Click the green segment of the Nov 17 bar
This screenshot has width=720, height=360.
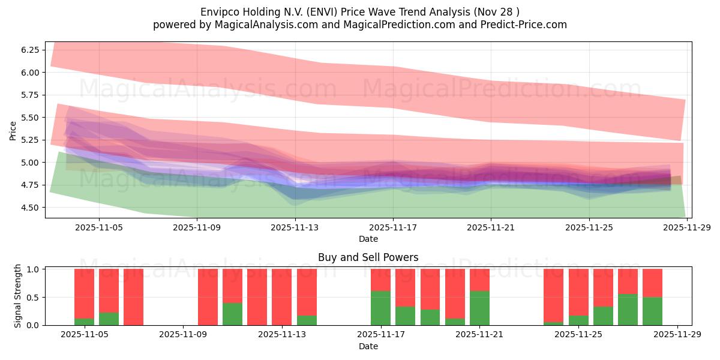pos(380,308)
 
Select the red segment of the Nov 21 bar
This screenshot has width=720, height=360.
pos(479,280)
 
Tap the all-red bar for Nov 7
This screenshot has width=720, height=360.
pos(133,297)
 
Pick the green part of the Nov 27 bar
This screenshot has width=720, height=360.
pos(628,310)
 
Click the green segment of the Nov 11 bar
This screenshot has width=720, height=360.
pos(232,314)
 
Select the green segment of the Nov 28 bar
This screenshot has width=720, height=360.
pos(652,311)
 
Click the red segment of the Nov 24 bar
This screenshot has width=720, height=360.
pos(553,295)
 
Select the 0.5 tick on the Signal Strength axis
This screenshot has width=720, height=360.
pos(33,298)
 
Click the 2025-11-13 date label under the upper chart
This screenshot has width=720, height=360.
pos(295,228)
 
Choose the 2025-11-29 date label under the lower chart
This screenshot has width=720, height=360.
pos(677,335)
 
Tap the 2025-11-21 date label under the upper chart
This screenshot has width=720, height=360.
pos(491,228)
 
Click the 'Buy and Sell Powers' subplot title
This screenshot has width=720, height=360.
pos(368,257)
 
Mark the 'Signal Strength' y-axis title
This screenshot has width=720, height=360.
pos(18,296)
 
